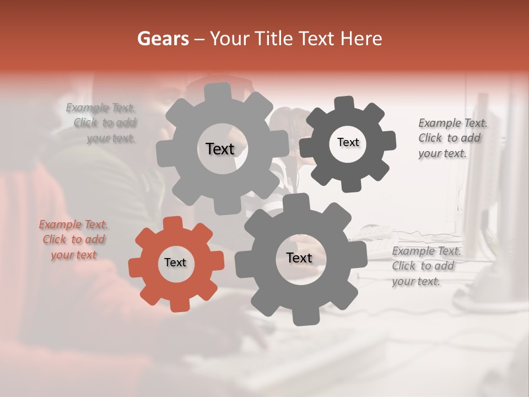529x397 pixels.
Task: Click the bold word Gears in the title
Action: (163, 39)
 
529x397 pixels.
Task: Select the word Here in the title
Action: (361, 39)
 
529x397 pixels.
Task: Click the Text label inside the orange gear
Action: (175, 263)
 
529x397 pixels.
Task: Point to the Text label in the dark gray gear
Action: (348, 142)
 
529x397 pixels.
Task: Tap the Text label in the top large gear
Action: (220, 149)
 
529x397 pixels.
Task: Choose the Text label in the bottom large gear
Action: (299, 257)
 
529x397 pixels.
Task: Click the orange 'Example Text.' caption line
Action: (73, 224)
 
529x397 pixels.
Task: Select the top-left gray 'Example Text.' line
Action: (101, 108)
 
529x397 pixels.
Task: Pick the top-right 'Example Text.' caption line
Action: (453, 123)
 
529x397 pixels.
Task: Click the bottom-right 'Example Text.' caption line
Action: (427, 251)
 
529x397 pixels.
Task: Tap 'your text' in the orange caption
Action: (73, 255)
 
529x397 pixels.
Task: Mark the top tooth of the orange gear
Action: (172, 223)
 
